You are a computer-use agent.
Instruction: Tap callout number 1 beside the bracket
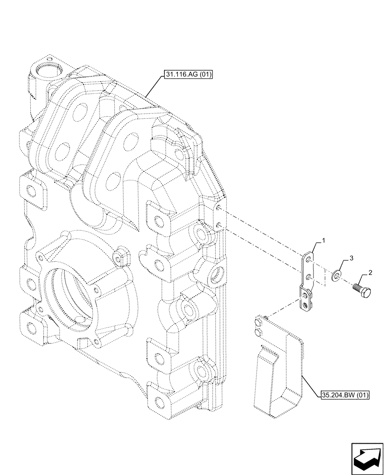coord(324,242)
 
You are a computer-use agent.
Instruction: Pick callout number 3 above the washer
coord(351,258)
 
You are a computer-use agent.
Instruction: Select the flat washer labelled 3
coord(337,275)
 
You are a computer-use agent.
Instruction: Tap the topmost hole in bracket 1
coord(309,259)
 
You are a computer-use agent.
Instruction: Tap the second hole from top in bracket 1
coord(308,275)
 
